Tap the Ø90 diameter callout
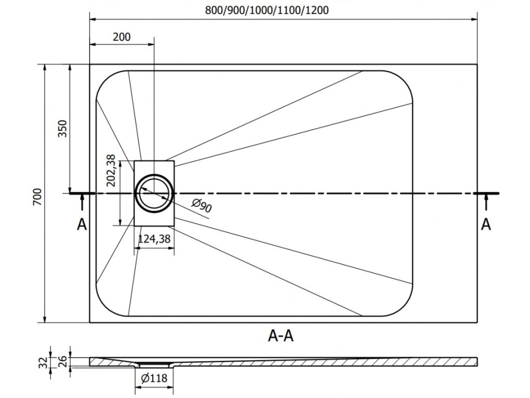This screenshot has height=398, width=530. (x=202, y=206)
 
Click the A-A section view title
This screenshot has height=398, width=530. (x=281, y=336)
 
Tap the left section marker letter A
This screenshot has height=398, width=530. (x=81, y=224)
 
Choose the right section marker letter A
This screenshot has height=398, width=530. (x=485, y=224)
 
